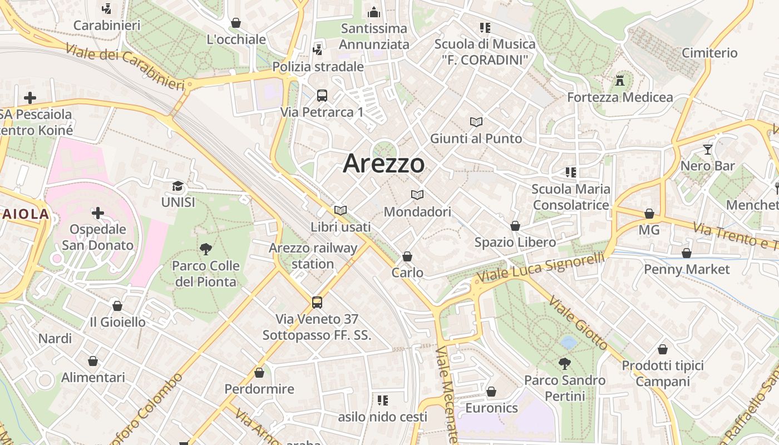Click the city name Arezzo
click(x=384, y=164)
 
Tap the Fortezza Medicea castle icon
click(x=620, y=81)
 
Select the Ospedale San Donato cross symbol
click(x=98, y=213)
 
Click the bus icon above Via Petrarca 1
click(x=322, y=96)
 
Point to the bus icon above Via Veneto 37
click(x=317, y=303)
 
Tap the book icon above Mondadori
click(x=417, y=195)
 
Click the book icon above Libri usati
click(x=341, y=211)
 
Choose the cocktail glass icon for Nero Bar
click(x=707, y=149)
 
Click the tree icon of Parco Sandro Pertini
click(x=565, y=364)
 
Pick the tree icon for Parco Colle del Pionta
click(x=206, y=249)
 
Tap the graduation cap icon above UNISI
click(x=178, y=186)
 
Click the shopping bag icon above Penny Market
click(x=687, y=253)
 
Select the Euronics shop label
click(x=491, y=408)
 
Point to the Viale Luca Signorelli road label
click(x=541, y=267)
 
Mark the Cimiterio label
click(x=709, y=53)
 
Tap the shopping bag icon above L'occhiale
click(x=236, y=23)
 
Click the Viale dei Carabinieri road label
click(x=125, y=66)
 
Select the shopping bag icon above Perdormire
click(x=259, y=373)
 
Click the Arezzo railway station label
click(x=313, y=255)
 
